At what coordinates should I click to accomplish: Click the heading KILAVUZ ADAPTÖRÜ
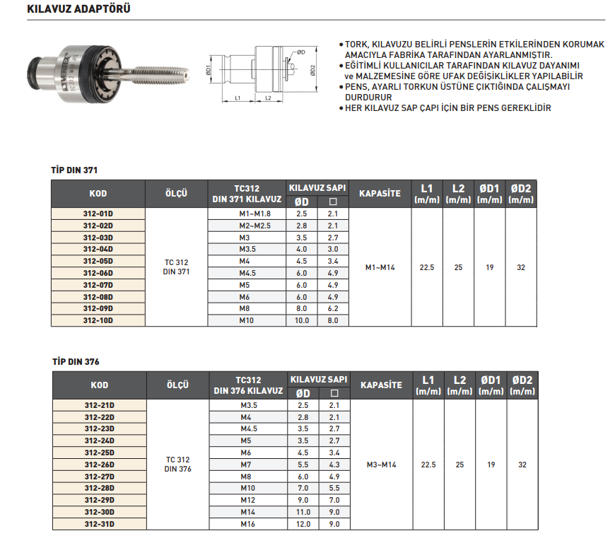(x=78, y=10)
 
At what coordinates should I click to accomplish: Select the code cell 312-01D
(x=98, y=213)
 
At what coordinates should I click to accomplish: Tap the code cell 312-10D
(x=98, y=320)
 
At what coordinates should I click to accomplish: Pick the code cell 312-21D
(x=99, y=405)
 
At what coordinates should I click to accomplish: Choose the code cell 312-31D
(x=99, y=524)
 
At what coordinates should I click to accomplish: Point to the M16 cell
(x=248, y=524)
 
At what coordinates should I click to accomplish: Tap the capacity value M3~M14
(x=382, y=465)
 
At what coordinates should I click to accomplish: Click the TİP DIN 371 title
(x=74, y=171)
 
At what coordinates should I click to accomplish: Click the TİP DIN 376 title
(x=76, y=361)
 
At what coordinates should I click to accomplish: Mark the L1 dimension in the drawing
(x=238, y=98)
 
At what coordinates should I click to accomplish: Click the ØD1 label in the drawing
(x=209, y=70)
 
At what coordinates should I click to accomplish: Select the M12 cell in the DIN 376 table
(x=248, y=500)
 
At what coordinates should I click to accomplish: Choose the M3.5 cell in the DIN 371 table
(x=247, y=249)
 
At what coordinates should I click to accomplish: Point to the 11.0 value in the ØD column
(x=303, y=512)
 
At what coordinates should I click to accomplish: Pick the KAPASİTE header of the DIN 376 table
(x=381, y=385)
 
